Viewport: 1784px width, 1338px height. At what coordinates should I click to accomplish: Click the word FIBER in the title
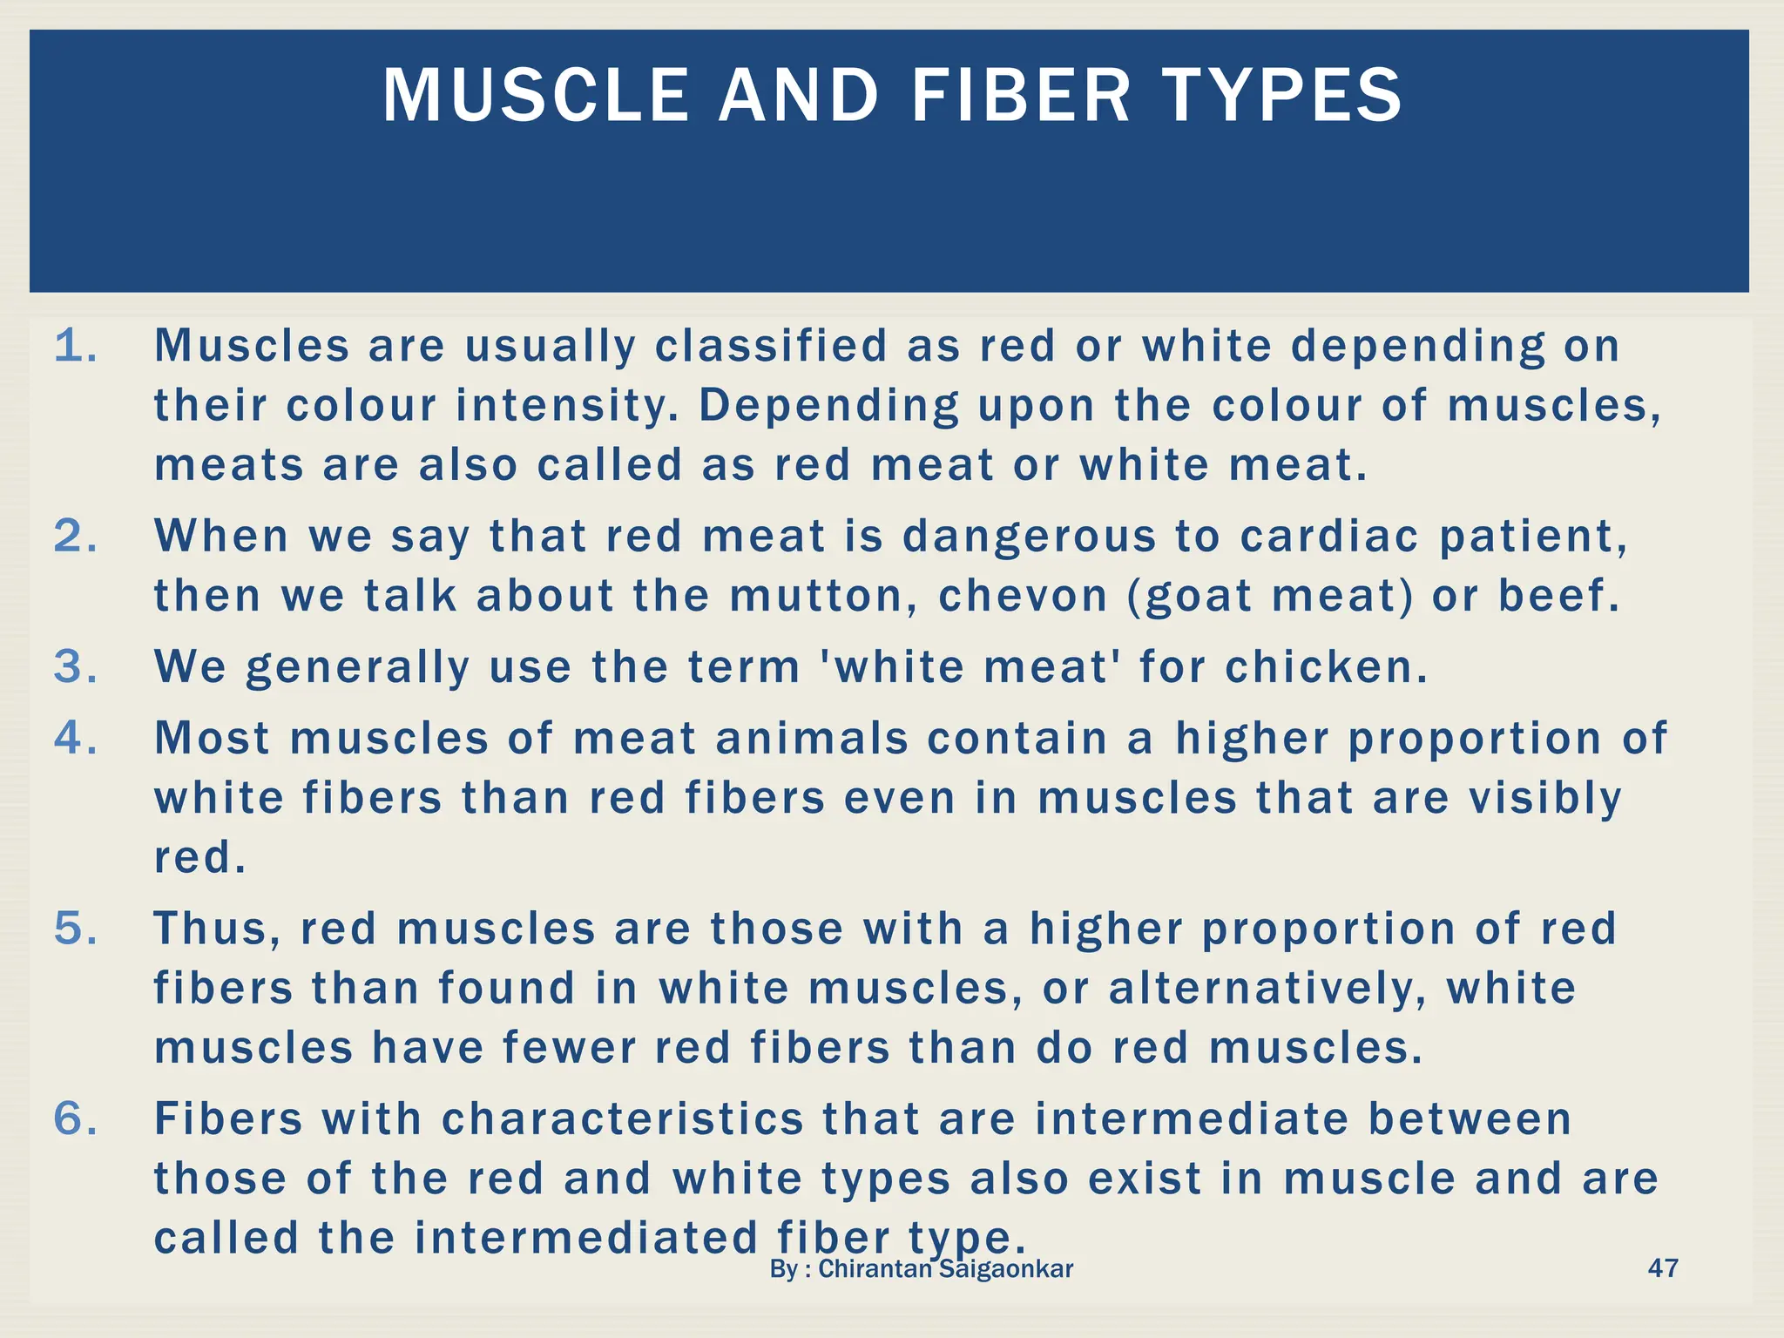[x=1020, y=95]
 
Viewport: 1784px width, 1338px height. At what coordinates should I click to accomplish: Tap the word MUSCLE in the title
[x=536, y=95]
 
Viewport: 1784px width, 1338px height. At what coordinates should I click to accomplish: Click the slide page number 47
[x=1663, y=1267]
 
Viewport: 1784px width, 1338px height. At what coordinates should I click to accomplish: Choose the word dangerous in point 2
[x=1029, y=536]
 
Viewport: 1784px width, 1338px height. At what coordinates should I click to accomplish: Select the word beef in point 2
[x=1558, y=596]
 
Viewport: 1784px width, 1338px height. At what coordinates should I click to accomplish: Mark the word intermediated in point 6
[x=586, y=1238]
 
